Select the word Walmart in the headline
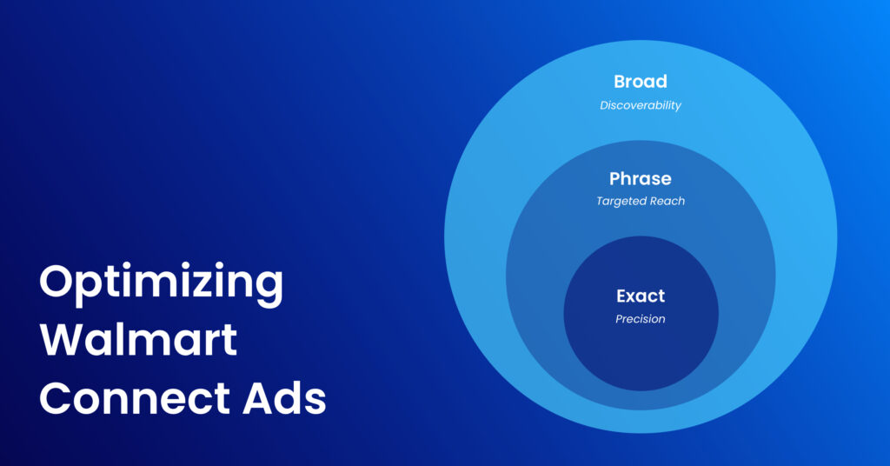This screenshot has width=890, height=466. coord(138,339)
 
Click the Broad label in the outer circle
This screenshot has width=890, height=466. coord(641,82)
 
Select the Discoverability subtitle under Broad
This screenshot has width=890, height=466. coord(641,105)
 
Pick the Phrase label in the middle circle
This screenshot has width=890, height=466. coord(641,179)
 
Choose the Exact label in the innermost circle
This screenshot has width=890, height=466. coord(641,296)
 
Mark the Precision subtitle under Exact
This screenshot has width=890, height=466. coord(641,319)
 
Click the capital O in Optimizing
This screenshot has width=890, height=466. coord(57,283)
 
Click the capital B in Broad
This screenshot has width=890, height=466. coord(620,82)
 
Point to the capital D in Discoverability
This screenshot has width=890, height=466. coord(604,105)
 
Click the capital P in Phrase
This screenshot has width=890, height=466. coord(615,179)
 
